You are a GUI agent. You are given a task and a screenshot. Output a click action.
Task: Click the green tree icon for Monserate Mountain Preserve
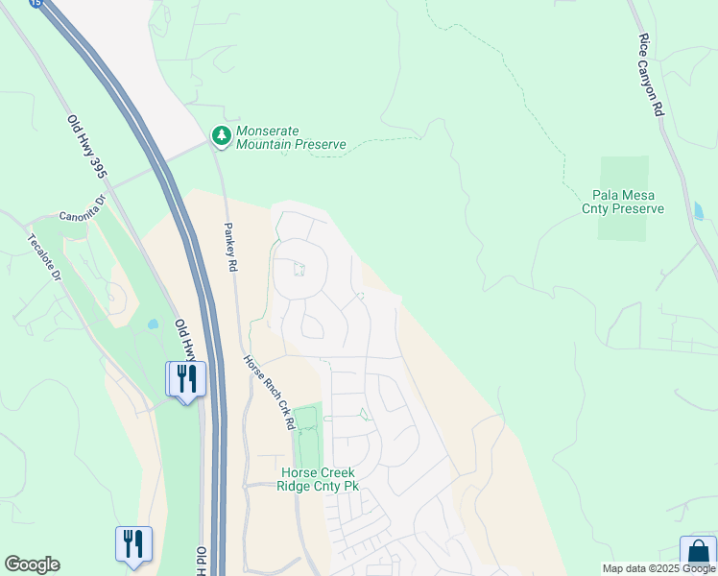(222, 136)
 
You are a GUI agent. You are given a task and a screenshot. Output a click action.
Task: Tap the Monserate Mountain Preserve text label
(290, 136)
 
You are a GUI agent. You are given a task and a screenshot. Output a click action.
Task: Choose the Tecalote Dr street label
(44, 257)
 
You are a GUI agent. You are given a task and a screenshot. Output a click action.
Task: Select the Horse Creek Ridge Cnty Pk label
(318, 480)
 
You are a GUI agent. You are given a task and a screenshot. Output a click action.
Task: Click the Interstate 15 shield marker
(36, 4)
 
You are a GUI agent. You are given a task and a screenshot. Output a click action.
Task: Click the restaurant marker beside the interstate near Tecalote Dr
(185, 378)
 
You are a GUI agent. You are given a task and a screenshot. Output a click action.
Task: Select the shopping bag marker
(698, 553)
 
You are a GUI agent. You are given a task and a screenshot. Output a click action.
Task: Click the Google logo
(32, 564)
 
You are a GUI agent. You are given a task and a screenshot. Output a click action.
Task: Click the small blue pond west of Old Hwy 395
(154, 324)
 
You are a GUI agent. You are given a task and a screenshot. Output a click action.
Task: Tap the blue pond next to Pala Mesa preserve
(698, 208)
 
